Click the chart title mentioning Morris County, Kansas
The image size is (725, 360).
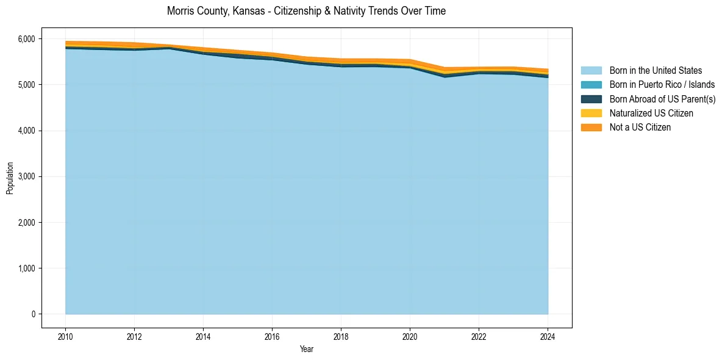click(306, 11)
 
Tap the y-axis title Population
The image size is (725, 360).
click(10, 178)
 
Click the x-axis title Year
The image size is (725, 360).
click(307, 349)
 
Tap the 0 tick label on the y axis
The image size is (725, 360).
click(34, 314)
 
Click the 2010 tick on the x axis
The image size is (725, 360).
click(65, 336)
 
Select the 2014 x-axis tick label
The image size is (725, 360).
click(203, 336)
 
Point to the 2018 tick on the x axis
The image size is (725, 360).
click(341, 336)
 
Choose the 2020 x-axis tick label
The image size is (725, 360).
click(410, 336)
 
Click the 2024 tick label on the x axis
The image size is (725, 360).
click(548, 336)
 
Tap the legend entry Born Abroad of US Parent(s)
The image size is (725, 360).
click(662, 99)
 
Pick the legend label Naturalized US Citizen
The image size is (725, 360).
click(651, 113)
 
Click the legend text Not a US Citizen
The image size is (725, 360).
click(640, 128)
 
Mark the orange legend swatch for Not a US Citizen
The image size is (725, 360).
click(591, 128)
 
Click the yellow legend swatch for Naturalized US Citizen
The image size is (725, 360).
click(591, 113)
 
